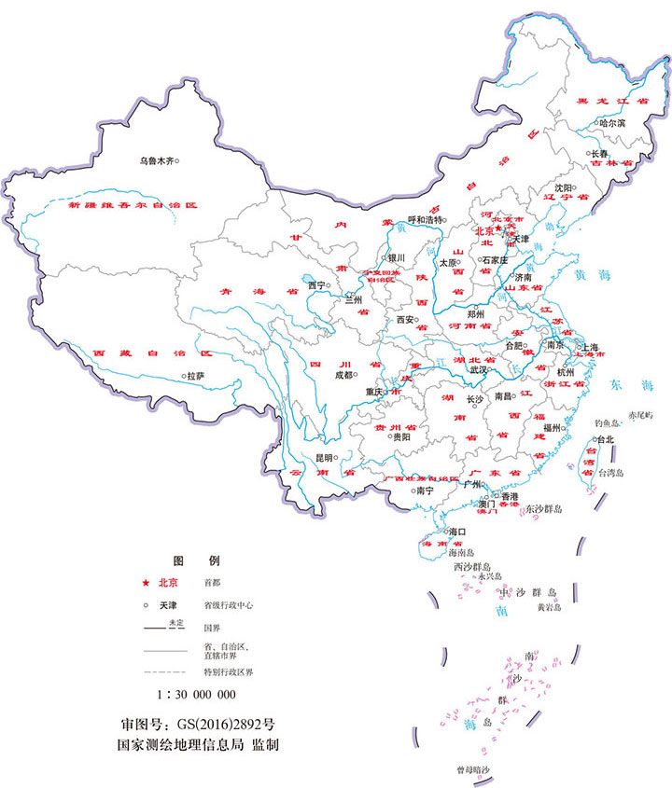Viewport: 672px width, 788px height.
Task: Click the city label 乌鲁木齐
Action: (x=156, y=160)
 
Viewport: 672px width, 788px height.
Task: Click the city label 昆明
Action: (x=324, y=458)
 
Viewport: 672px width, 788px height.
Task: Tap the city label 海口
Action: (x=456, y=532)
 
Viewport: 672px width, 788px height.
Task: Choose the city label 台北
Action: (x=605, y=439)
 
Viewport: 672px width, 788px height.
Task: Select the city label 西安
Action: (x=405, y=319)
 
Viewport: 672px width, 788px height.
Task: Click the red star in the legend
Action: (x=146, y=583)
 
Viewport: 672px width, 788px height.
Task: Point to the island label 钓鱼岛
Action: (x=607, y=422)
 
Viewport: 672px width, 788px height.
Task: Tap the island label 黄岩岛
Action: (x=549, y=607)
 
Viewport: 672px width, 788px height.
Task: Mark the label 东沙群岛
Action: (x=543, y=509)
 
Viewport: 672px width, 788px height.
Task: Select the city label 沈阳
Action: (x=563, y=187)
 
